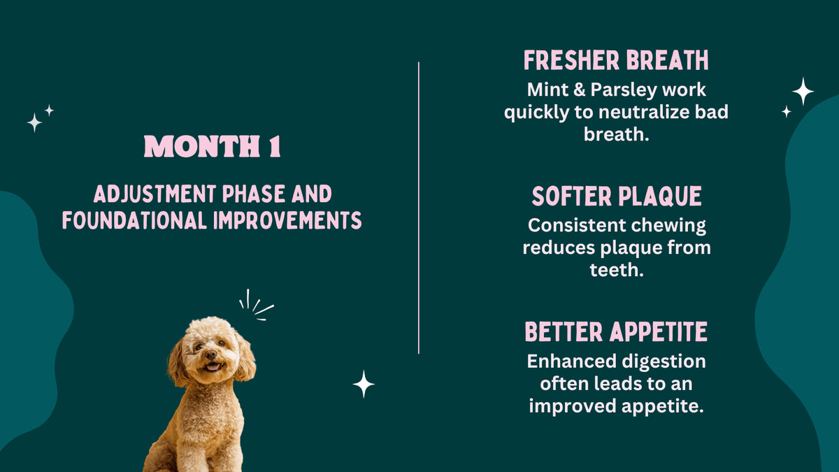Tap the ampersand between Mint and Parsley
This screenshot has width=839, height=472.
tap(580, 90)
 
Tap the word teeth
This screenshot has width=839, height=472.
tap(616, 270)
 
